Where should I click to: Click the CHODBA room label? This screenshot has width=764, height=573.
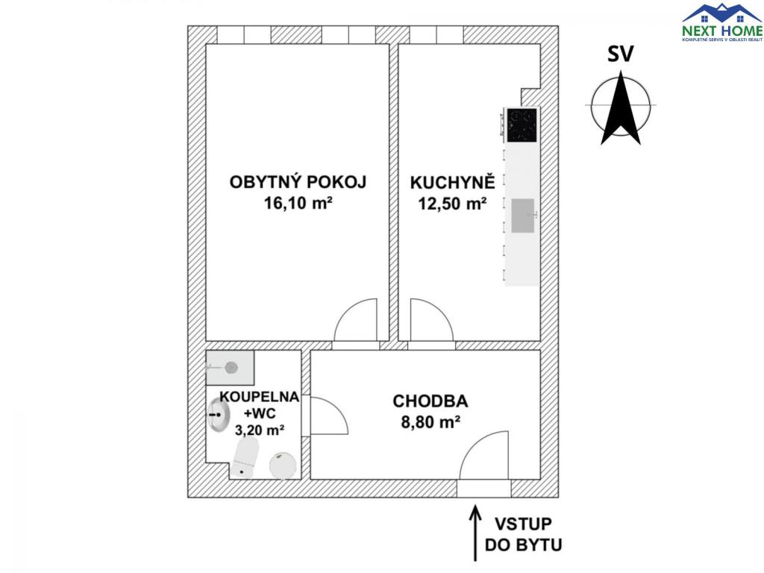point(425,401)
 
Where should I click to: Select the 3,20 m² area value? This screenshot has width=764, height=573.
point(259,430)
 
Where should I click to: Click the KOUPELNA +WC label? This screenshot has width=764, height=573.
point(259,404)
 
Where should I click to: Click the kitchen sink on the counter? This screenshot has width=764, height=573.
point(523,215)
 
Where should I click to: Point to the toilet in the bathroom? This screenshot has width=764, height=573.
point(245,457)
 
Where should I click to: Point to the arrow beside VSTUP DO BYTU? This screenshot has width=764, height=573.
point(473,533)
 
